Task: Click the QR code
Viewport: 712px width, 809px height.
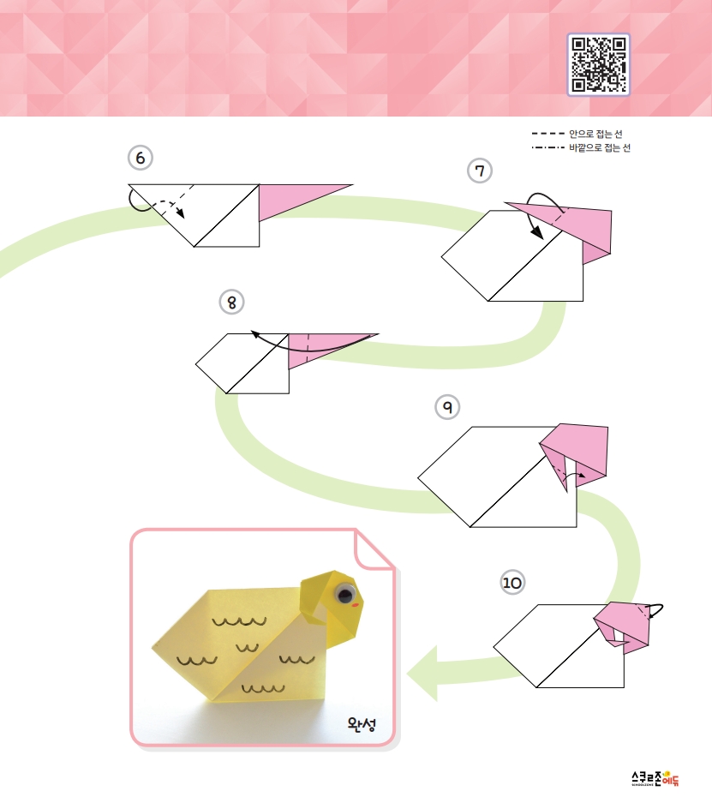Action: [x=599, y=64]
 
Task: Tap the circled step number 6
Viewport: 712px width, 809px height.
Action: [x=141, y=158]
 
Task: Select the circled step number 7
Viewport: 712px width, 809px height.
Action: [x=480, y=171]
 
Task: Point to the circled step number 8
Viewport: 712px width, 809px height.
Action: [x=231, y=303]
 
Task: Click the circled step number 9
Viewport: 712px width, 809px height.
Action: [x=447, y=407]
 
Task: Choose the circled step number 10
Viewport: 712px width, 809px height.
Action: [x=512, y=583]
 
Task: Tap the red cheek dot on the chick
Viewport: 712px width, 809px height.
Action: [x=356, y=605]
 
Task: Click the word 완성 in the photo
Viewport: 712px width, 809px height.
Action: [x=362, y=724]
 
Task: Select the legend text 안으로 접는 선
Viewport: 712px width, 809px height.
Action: [x=596, y=135]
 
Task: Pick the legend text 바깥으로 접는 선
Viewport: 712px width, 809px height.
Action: [x=600, y=148]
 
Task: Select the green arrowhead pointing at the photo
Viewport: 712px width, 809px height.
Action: [x=423, y=674]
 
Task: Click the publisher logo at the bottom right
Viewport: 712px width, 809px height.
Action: [x=655, y=778]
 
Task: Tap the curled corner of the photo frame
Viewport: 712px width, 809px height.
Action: [x=373, y=549]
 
